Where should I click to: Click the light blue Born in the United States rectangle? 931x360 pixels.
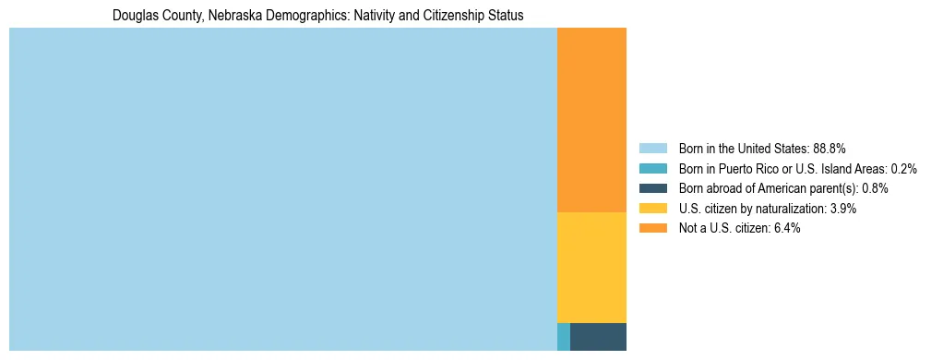point(282,189)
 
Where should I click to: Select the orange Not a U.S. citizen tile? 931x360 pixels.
point(591,120)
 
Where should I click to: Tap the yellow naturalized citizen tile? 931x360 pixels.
point(591,268)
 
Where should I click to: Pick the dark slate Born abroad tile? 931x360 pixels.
point(598,337)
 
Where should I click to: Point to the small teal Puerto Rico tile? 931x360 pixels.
point(564,337)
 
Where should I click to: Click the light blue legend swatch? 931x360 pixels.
point(652,148)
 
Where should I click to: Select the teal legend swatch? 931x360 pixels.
point(652,168)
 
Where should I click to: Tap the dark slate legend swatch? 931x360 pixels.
point(652,188)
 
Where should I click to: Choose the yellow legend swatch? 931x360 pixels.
point(652,209)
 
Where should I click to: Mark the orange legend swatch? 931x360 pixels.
point(652,228)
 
